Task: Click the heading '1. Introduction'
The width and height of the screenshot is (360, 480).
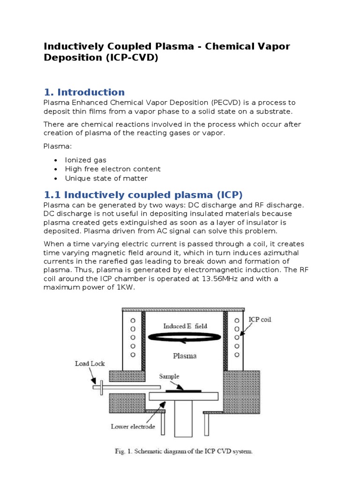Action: pyautogui.click(x=84, y=92)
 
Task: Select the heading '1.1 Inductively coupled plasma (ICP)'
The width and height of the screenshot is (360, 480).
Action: pyautogui.click(x=143, y=195)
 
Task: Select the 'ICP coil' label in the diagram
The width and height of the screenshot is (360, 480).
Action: pyautogui.click(x=260, y=320)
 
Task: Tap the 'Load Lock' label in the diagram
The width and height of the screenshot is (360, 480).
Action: pyautogui.click(x=90, y=363)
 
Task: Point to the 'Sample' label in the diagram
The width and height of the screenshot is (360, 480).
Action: pyautogui.click(x=169, y=376)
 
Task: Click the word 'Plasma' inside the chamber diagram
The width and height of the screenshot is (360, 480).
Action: pyautogui.click(x=185, y=356)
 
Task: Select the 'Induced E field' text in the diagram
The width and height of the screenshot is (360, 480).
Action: pyautogui.click(x=185, y=326)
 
